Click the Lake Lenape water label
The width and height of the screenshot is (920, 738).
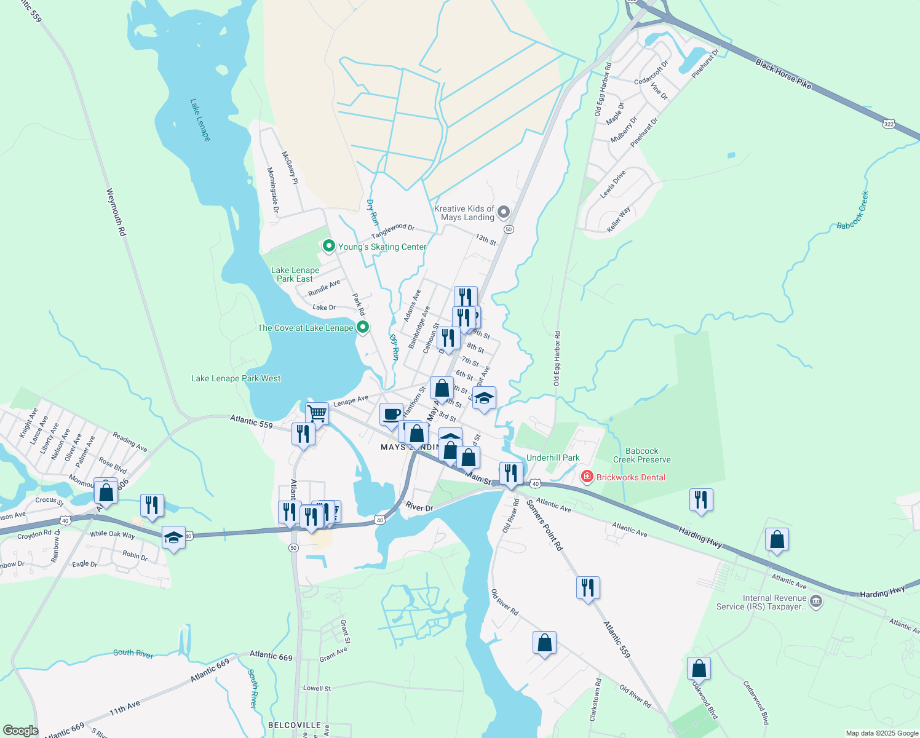pos(200,120)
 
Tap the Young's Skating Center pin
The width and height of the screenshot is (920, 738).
pos(329,247)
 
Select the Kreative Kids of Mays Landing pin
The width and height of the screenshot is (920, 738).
pos(504,213)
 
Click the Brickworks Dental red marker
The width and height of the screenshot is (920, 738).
pos(587,477)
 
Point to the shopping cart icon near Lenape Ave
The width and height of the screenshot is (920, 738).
pos(317,413)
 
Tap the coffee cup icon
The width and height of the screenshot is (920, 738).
pos(391,415)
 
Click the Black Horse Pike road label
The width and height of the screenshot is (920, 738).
pos(783,74)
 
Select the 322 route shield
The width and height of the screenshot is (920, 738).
pos(889,124)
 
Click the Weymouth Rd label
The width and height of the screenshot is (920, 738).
pos(116,213)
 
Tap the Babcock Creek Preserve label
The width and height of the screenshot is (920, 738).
pos(641,455)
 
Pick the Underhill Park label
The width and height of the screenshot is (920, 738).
pos(553,458)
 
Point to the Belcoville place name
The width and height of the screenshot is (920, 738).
pos(295,725)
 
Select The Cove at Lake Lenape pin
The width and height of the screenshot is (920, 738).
pos(363,327)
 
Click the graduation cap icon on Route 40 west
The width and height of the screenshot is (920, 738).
pos(174,537)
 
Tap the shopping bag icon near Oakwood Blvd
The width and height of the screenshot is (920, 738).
pos(699,668)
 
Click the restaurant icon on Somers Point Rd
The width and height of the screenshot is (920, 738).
pos(588,588)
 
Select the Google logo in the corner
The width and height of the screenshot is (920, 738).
pos(20,730)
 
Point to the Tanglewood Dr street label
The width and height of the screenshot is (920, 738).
pos(392,232)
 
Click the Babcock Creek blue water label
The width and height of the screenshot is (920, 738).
pos(853,211)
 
